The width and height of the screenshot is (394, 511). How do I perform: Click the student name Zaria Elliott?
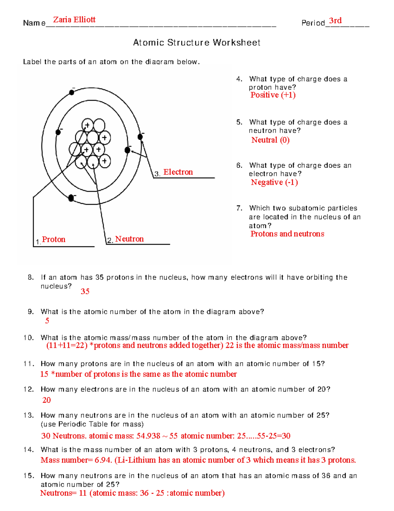click(74, 20)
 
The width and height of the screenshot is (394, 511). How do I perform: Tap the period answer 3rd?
click(335, 21)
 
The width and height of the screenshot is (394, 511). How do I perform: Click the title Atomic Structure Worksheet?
click(196, 42)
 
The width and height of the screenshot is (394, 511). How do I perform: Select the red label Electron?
click(178, 172)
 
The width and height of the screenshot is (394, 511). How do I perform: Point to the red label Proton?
click(54, 240)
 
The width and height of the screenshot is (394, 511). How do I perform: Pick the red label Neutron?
click(129, 239)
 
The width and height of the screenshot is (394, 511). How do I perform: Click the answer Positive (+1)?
click(273, 95)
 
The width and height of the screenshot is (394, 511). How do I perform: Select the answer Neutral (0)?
click(270, 140)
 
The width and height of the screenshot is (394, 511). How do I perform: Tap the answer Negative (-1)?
click(274, 182)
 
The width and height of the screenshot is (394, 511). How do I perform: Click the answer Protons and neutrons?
click(287, 234)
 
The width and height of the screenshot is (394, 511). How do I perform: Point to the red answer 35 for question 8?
click(85, 292)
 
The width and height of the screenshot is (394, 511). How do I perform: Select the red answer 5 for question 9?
click(47, 321)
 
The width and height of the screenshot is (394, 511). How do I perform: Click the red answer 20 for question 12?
click(47, 400)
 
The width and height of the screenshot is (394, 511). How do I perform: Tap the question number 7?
click(239, 208)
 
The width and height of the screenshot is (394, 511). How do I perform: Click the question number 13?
click(29, 415)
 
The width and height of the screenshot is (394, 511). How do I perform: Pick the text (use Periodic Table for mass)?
click(92, 424)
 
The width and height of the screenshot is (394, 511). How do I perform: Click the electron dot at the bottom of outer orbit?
click(71, 198)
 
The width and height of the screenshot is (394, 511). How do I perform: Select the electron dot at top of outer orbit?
click(72, 92)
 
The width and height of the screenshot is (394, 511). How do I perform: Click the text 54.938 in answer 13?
click(148, 436)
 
